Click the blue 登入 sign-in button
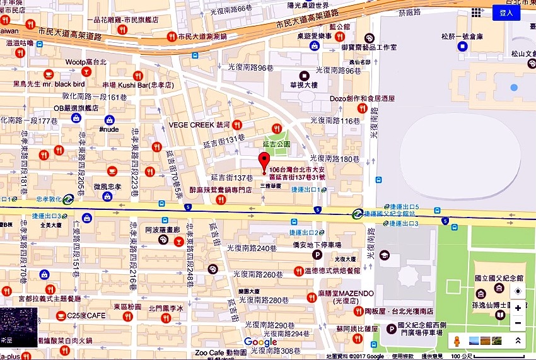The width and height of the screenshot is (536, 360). tap(506, 12)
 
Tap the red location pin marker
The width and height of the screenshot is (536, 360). tap(265, 162)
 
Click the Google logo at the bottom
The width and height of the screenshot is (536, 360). tap(260, 341)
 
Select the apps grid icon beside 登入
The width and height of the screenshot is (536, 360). tap(477, 12)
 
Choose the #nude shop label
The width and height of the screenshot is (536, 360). tap(110, 129)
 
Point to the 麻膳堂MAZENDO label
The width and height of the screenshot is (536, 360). tap(346, 294)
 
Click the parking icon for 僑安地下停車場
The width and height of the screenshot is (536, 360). tap(318, 255)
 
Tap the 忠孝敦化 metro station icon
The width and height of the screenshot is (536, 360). tap(67, 199)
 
